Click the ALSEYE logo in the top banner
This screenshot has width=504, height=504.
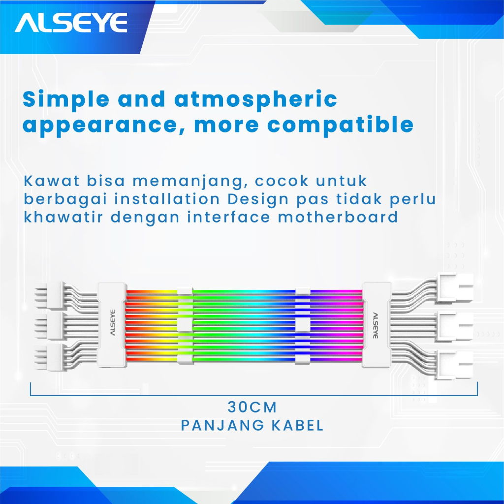[x=71, y=23]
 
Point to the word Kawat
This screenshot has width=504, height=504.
[x=51, y=181]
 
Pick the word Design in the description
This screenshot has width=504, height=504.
[x=258, y=200]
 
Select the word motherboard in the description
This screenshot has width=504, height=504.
[x=338, y=217]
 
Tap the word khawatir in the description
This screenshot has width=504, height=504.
[x=63, y=217]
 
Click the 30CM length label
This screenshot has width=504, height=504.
[x=252, y=407]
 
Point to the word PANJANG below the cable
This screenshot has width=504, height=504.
[x=222, y=426]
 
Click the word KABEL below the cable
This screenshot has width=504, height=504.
[x=298, y=426]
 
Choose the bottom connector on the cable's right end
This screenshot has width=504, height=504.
[x=455, y=365]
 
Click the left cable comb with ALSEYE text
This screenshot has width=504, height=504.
[x=112, y=325]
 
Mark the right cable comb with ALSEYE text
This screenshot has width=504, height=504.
[x=377, y=325]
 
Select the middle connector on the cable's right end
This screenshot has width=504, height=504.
[x=455, y=327]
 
